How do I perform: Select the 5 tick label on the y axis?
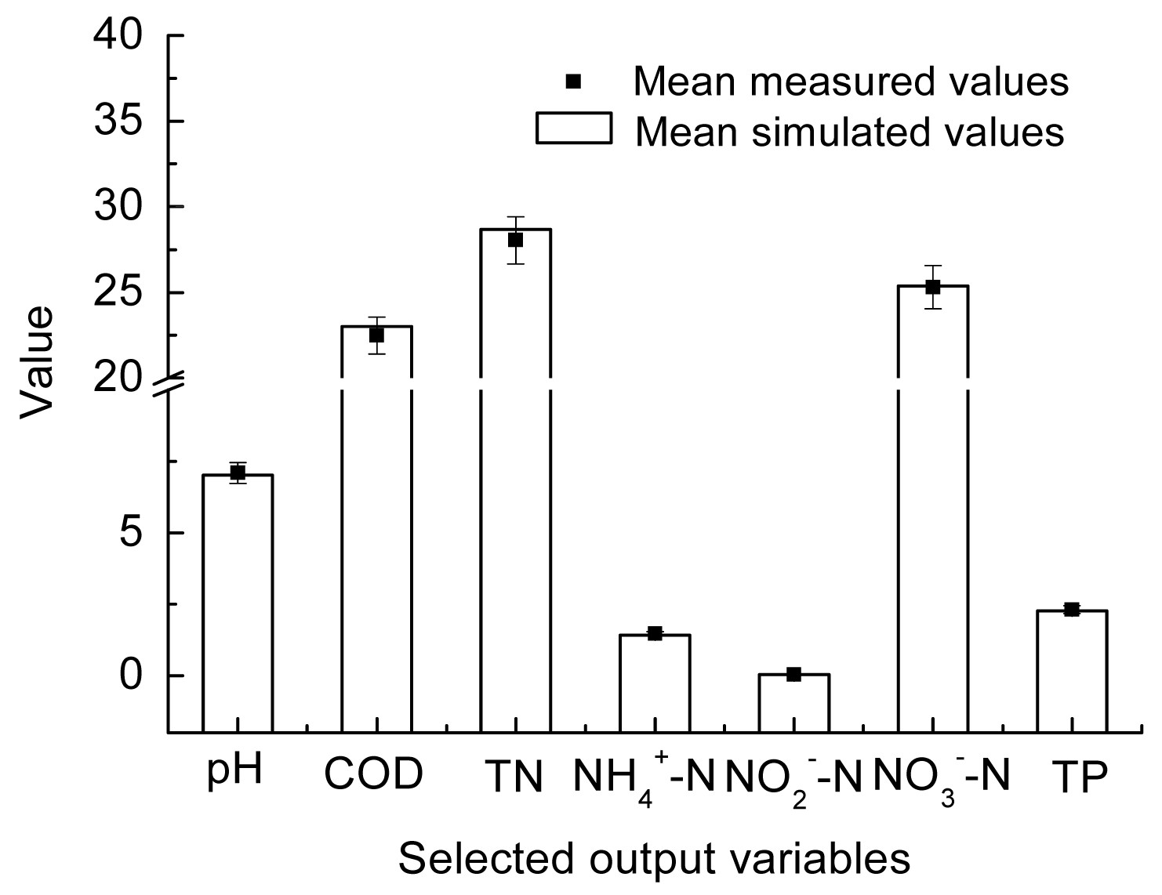134,533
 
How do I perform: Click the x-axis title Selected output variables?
654,858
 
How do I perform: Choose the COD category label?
373,774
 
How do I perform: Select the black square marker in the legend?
574,81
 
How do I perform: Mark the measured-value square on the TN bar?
515,240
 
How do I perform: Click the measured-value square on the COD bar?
376,335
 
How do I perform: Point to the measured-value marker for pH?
238,473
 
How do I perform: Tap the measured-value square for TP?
1072,610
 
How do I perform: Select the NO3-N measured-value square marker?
932,287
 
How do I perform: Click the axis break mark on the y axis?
168,382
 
